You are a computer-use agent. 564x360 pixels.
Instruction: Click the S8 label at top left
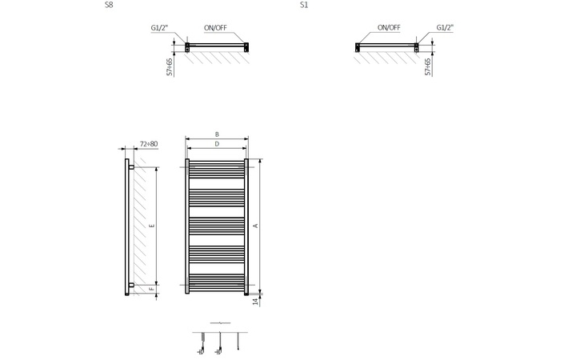click(108, 5)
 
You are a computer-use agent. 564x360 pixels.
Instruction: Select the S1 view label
click(304, 5)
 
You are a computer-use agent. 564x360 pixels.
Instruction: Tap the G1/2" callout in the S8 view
click(159, 28)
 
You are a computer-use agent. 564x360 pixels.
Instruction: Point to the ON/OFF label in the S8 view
click(215, 28)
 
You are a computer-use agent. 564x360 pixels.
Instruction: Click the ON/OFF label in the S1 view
click(389, 27)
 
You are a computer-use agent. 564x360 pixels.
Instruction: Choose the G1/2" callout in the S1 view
click(445, 27)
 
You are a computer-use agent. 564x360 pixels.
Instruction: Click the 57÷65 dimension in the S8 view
click(170, 67)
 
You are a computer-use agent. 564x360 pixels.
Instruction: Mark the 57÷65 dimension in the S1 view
click(428, 67)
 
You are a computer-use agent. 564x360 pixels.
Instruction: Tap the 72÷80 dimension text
click(149, 144)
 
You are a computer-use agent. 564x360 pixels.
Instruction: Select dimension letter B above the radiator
click(217, 134)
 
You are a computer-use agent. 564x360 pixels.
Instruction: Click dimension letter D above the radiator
click(217, 144)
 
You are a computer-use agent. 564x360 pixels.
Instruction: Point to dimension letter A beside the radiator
click(256, 226)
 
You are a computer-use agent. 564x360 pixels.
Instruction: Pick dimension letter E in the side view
click(152, 226)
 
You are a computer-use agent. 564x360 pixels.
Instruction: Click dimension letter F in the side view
click(152, 289)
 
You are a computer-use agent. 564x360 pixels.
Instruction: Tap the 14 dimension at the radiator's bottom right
click(256, 302)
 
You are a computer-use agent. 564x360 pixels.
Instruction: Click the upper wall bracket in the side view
click(131, 167)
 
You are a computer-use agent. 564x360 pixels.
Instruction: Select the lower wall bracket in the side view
click(131, 285)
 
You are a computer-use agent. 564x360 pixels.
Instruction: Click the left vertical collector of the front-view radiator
click(187, 226)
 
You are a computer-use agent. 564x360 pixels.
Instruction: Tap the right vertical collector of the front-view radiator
click(246, 226)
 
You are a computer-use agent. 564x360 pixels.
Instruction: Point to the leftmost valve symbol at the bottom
click(202, 344)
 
